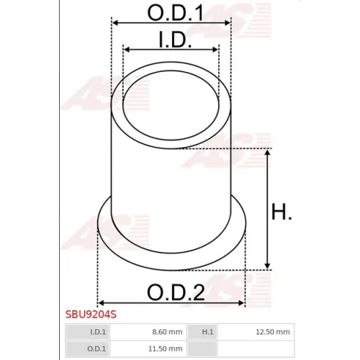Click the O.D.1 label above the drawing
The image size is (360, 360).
point(176,12)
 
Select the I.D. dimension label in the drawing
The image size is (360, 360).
point(175,40)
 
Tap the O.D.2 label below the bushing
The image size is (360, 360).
point(176,292)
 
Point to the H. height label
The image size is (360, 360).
point(282,212)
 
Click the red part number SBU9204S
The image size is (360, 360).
point(91,315)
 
